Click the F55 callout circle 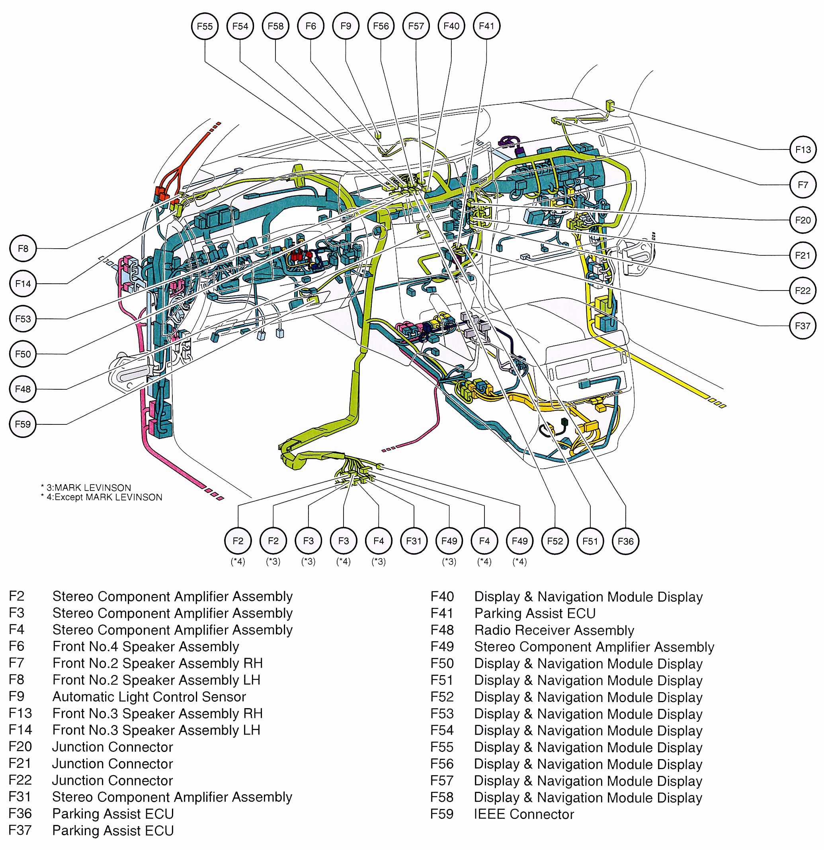[205, 26]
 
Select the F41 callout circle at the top [486, 26]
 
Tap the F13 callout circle [803, 149]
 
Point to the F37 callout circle [803, 326]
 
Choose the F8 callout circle [23, 249]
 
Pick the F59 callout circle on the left [23, 424]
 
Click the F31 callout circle [414, 541]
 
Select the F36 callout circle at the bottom [625, 541]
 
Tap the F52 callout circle [555, 541]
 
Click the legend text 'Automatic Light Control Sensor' [149, 697]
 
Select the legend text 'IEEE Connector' [524, 815]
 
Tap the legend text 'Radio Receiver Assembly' [554, 630]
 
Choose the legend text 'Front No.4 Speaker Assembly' [146, 647]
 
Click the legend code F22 [20, 780]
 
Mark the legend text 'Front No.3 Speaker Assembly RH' [157, 713]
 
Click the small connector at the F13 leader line [610, 104]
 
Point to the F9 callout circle [346, 26]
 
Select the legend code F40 [442, 597]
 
